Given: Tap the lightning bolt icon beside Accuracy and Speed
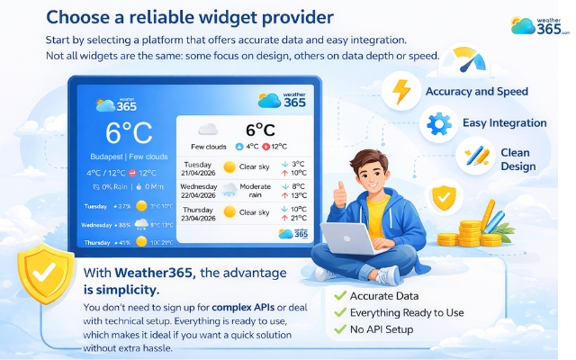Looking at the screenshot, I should [x=401, y=92].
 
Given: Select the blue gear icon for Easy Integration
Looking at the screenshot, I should [x=438, y=123].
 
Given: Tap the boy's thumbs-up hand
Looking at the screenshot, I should [x=339, y=192].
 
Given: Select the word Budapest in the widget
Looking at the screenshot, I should [x=108, y=155].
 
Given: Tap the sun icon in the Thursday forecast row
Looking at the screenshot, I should [x=229, y=212].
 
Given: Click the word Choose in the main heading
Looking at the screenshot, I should [x=80, y=16].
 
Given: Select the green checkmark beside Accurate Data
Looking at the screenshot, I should [x=340, y=294].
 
